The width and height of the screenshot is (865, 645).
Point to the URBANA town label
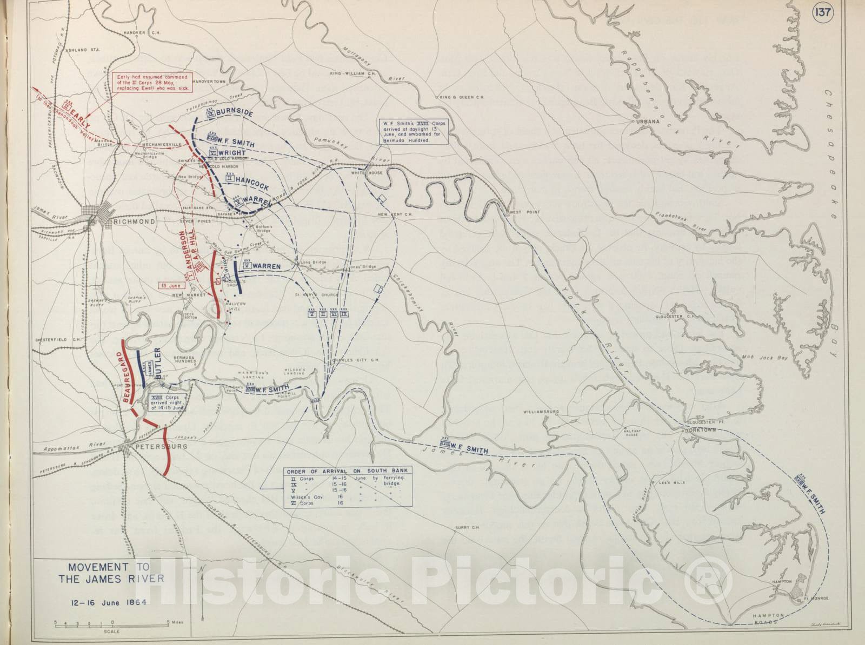tap(648, 122)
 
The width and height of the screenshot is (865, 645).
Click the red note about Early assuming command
tap(152, 83)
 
